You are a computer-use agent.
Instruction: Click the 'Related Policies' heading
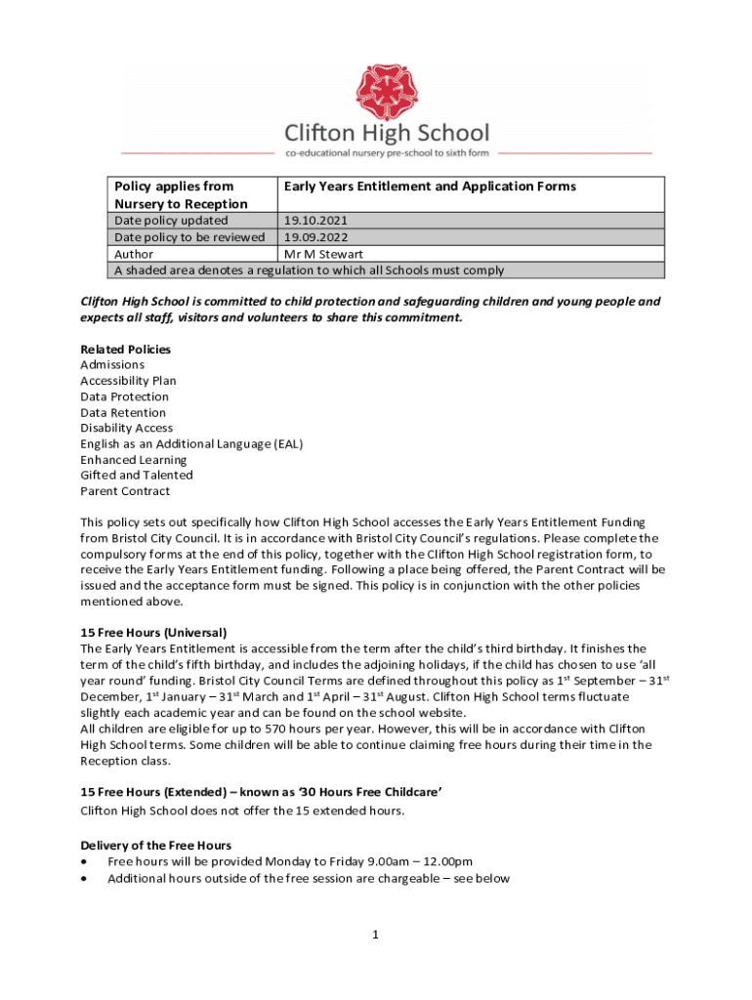(x=125, y=349)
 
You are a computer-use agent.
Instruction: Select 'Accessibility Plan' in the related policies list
(x=128, y=381)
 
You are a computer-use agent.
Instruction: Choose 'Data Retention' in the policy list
(x=123, y=412)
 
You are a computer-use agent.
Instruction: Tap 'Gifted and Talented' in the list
(x=137, y=475)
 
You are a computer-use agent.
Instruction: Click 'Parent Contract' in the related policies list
(x=125, y=491)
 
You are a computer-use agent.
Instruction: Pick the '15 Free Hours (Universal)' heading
(x=153, y=633)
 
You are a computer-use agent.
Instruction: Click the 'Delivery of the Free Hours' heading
(x=155, y=845)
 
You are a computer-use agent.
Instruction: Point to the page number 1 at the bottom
(x=374, y=935)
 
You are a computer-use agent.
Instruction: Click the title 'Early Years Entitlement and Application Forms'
(x=430, y=187)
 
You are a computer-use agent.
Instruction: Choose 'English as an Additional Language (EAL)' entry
(x=191, y=443)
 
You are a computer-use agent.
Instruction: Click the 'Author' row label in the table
(x=134, y=254)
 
